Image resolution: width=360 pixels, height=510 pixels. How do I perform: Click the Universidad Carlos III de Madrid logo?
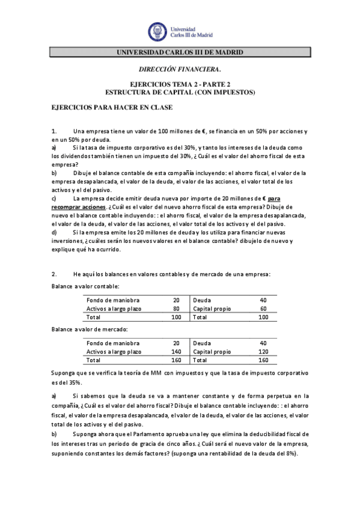pyautogui.click(x=180, y=31)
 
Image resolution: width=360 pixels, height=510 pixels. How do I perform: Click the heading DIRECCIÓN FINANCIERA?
pyautogui.click(x=180, y=70)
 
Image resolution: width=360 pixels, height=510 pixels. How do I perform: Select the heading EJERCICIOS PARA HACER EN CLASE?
pyautogui.click(x=112, y=108)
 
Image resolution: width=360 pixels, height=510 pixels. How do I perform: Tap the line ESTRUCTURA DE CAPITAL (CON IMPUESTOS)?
pyautogui.click(x=180, y=92)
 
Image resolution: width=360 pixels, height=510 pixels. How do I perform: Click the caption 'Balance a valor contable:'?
pyautogui.click(x=85, y=286)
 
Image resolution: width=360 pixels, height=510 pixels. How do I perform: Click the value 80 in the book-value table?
pyautogui.click(x=176, y=309)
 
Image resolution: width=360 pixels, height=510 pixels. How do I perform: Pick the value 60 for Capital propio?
pyautogui.click(x=263, y=309)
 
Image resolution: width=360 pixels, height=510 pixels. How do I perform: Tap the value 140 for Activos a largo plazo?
pyautogui.click(x=176, y=352)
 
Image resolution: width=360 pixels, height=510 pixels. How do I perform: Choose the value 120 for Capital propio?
pyautogui.click(x=263, y=352)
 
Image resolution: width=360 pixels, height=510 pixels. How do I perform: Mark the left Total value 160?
pyautogui.click(x=176, y=360)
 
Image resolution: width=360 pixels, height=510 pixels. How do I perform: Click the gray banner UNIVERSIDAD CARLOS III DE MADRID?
pyautogui.click(x=180, y=53)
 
